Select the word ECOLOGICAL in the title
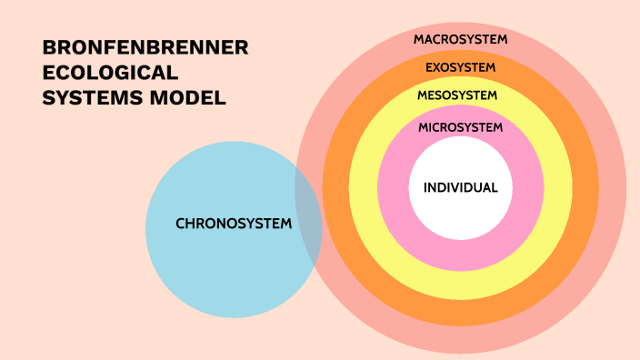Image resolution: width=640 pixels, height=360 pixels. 110,74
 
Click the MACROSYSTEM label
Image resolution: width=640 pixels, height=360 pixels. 460,40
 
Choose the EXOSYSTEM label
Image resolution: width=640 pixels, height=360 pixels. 460,67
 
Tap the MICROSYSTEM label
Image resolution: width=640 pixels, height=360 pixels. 460,128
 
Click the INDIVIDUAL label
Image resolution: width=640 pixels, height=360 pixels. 460,188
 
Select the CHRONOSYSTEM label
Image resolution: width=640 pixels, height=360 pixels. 234,224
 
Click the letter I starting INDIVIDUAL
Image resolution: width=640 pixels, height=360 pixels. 425,188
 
